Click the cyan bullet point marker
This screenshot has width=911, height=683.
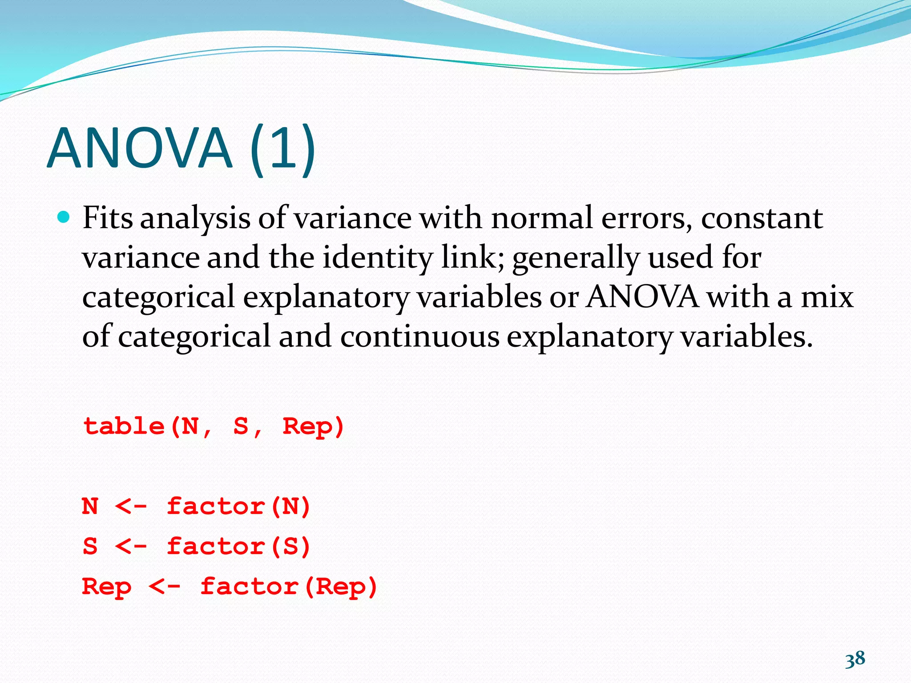(64, 217)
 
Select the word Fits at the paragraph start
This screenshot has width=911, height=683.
(108, 218)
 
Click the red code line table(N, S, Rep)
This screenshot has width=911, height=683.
(214, 426)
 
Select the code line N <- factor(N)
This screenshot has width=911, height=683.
(196, 506)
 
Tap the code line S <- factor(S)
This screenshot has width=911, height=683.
(196, 546)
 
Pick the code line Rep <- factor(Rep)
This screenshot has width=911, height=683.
(230, 587)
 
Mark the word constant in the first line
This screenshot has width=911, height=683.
(762, 218)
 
